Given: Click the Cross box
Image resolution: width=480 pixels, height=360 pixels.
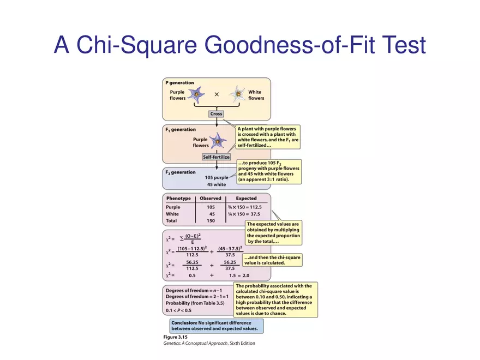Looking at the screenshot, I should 217,114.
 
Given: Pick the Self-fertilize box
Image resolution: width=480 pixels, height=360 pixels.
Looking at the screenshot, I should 217,157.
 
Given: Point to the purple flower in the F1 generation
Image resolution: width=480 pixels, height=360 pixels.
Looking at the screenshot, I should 218,141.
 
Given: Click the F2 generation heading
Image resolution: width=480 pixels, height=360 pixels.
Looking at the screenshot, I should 180,172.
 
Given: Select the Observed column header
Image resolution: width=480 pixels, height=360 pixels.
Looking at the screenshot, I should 210,199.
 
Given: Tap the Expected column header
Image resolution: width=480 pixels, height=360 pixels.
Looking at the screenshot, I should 246,199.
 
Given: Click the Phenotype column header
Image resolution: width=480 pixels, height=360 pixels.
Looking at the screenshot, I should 178,199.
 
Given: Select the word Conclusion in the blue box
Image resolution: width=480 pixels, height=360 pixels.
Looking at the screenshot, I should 186,322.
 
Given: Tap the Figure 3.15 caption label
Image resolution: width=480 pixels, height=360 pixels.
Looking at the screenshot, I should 176,338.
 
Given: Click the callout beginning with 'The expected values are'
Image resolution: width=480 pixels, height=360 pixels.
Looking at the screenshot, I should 273,232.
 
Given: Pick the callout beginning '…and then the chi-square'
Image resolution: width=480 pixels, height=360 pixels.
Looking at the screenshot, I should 271,260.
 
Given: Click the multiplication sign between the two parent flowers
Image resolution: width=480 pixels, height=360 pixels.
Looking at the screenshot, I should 217,94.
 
